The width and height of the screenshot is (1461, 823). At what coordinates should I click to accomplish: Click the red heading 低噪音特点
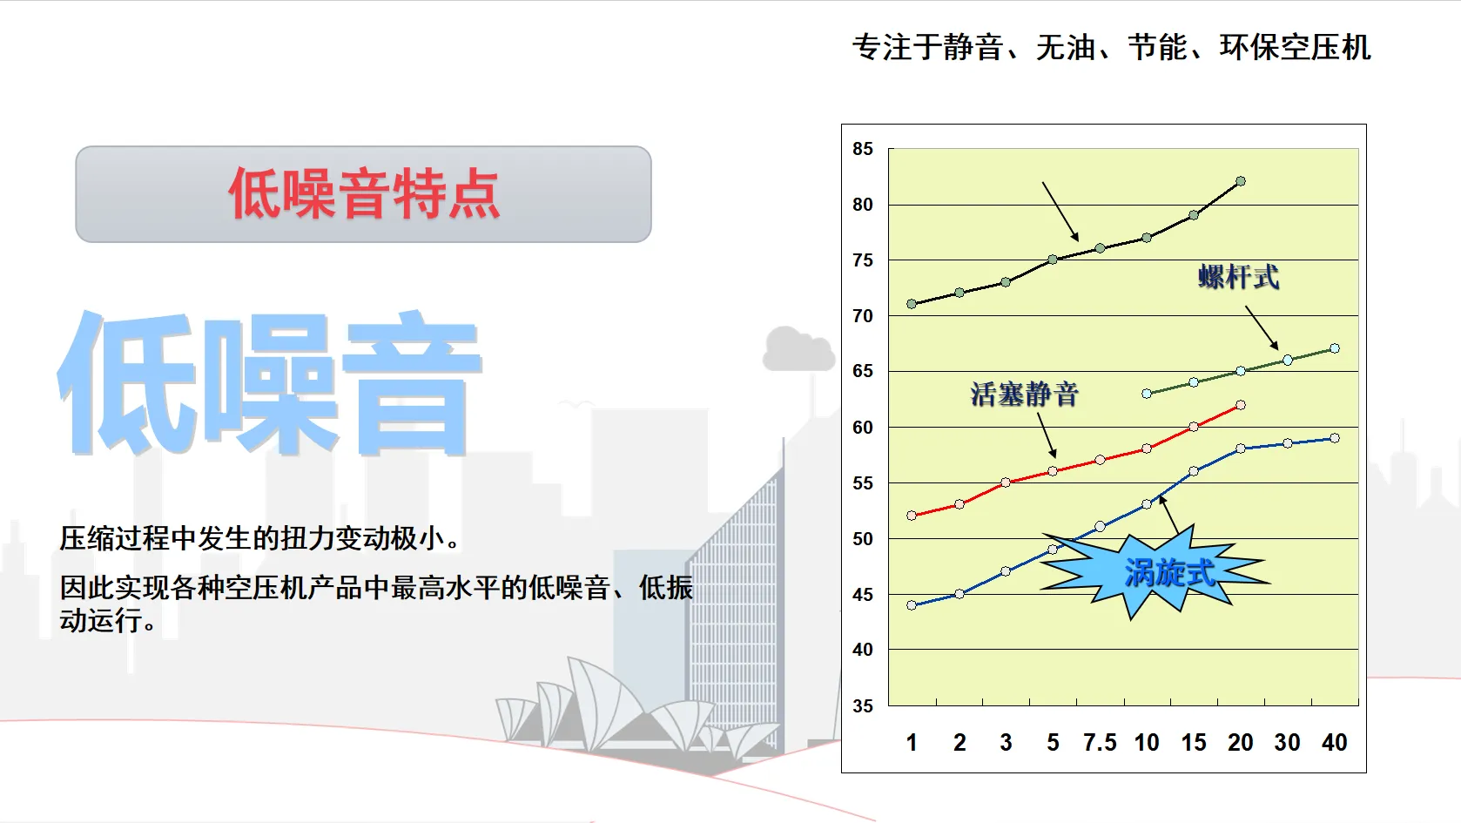click(364, 193)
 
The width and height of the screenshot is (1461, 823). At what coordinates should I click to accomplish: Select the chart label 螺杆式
click(1239, 277)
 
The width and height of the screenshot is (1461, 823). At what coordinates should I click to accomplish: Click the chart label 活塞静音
click(1024, 394)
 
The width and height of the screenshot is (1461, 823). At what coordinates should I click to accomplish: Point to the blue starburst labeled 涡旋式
click(1155, 570)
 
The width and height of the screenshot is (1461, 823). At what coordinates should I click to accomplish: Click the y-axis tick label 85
click(862, 149)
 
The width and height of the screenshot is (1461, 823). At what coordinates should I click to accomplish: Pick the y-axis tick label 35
click(862, 705)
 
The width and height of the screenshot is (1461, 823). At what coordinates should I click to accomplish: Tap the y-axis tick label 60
click(862, 427)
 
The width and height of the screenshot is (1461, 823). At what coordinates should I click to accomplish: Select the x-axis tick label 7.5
click(1100, 742)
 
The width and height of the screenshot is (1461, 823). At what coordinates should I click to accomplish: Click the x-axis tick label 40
click(1335, 742)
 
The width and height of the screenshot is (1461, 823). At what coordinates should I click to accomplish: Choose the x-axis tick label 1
click(912, 742)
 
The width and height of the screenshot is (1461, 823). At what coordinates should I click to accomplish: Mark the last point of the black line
click(1241, 181)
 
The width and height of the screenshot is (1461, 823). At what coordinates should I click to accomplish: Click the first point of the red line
click(912, 516)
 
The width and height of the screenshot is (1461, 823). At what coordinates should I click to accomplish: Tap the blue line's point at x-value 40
click(1335, 438)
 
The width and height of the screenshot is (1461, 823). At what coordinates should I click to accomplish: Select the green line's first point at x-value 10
click(1147, 394)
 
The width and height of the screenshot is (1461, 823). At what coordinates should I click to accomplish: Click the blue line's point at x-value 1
click(912, 605)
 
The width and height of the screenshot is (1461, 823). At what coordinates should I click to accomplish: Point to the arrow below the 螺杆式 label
click(1262, 328)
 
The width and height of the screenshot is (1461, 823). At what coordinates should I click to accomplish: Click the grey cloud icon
click(798, 349)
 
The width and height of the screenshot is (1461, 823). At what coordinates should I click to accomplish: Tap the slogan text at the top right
click(1111, 48)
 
